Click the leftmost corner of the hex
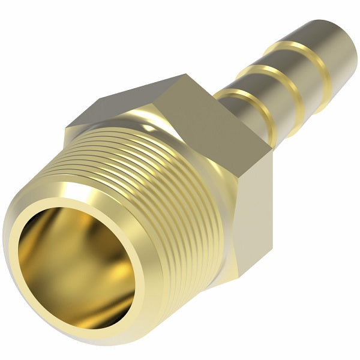(x=65, y=128)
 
